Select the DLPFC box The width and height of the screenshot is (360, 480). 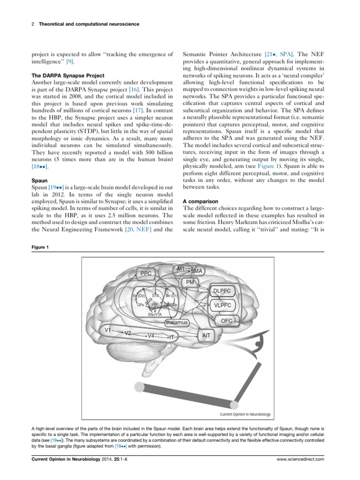pyautogui.click(x=222, y=291)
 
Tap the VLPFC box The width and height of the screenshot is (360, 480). pyautogui.click(x=223, y=306)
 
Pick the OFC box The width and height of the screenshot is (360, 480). pyautogui.click(x=226, y=321)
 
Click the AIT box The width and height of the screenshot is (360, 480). pyautogui.click(x=206, y=336)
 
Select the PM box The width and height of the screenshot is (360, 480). pyautogui.click(x=190, y=282)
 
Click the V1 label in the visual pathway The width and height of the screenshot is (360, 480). pyautogui.click(x=108, y=330)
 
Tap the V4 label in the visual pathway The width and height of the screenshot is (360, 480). pyautogui.click(x=150, y=336)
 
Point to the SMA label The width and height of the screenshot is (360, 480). pyautogui.click(x=196, y=271)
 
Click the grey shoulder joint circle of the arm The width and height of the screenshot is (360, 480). pyautogui.click(x=139, y=387)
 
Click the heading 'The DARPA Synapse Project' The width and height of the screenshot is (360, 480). pyautogui.click(x=67, y=75)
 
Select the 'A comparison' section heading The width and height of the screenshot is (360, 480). pyautogui.click(x=200, y=201)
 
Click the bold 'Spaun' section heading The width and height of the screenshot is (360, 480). pyautogui.click(x=38, y=180)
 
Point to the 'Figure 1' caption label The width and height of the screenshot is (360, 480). pyautogui.click(x=40, y=247)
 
